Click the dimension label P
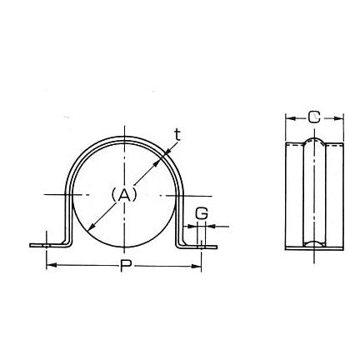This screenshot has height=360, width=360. click(126, 266)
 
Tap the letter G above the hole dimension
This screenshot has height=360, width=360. click(202, 214)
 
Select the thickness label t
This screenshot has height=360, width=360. click(177, 135)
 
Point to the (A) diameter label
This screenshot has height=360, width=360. click(124, 194)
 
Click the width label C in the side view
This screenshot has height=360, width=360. click(314, 117)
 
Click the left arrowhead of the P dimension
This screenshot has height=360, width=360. click(52, 266)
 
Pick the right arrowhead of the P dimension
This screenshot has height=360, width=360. click(196, 266)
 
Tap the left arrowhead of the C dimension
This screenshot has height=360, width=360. click(291, 118)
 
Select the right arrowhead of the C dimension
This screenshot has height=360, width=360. click(338, 118)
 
